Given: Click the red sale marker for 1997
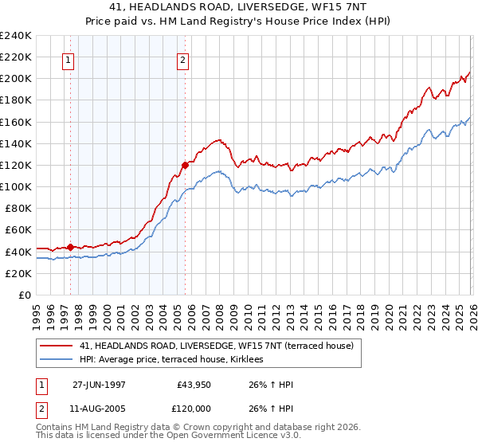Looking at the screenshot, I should point(71,247).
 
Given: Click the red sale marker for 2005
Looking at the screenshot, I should point(185,165).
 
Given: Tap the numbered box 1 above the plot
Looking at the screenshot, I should point(69,60).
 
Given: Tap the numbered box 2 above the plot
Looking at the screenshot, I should point(183,60).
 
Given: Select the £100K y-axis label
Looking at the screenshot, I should point(16,186).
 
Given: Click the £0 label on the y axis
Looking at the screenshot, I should point(24,295).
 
